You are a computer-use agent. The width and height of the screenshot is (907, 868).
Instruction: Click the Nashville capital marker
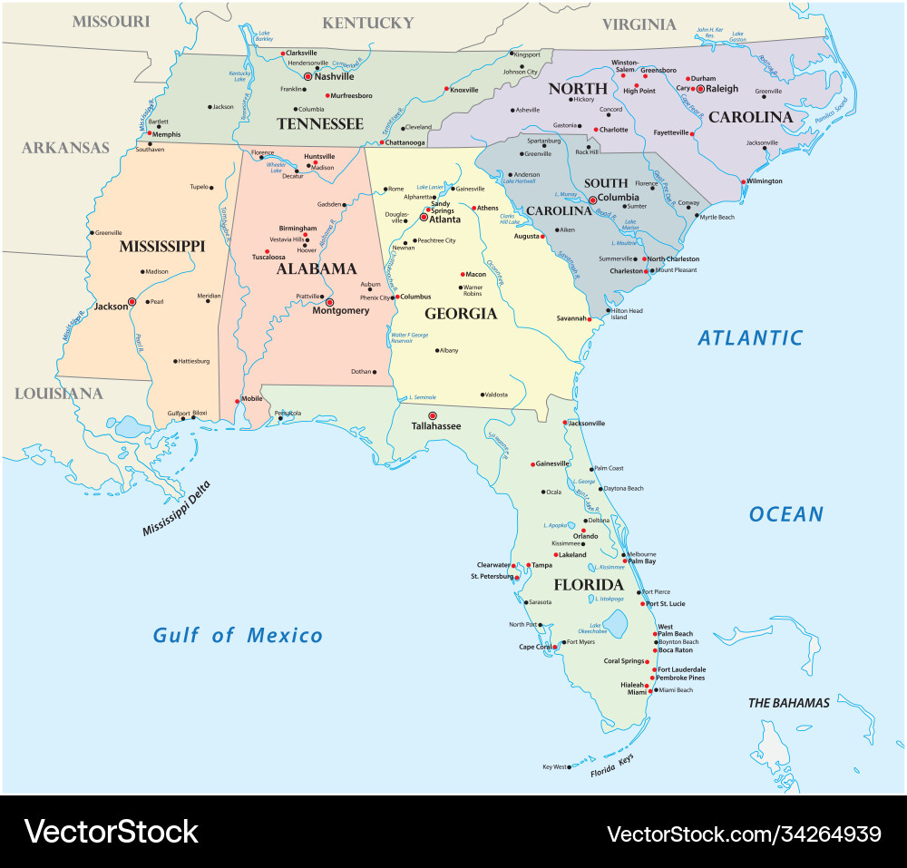pyautogui.click(x=307, y=77)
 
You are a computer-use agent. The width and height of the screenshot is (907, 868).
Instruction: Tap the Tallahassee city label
pyautogui.click(x=436, y=425)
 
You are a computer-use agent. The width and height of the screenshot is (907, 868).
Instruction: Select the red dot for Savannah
pyautogui.click(x=590, y=319)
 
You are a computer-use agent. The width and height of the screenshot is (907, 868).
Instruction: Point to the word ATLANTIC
pyautogui.click(x=750, y=338)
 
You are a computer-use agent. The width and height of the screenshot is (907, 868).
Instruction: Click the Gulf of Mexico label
pyautogui.click(x=238, y=636)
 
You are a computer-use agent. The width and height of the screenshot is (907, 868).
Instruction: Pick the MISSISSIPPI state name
pyautogui.click(x=162, y=246)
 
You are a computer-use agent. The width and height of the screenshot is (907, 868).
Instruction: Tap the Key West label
pyautogui.click(x=554, y=767)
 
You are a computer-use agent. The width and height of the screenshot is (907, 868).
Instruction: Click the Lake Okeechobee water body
pyautogui.click(x=616, y=623)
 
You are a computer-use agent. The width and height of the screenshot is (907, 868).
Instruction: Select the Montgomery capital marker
pyautogui.click(x=330, y=302)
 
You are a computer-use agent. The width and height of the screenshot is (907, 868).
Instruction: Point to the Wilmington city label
pyautogui.click(x=765, y=180)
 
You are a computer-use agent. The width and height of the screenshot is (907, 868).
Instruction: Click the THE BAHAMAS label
pyautogui.click(x=788, y=703)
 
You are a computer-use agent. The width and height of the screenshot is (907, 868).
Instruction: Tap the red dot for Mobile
pyautogui.click(x=238, y=401)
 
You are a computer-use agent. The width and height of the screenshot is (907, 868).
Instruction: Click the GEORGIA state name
pyautogui.click(x=461, y=314)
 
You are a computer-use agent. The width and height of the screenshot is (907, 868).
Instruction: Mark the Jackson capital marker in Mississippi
pyautogui.click(x=132, y=301)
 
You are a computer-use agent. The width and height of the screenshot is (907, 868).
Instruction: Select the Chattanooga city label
pyautogui.click(x=405, y=142)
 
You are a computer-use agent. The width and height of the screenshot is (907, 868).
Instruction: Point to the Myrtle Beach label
pyautogui.click(x=717, y=217)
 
